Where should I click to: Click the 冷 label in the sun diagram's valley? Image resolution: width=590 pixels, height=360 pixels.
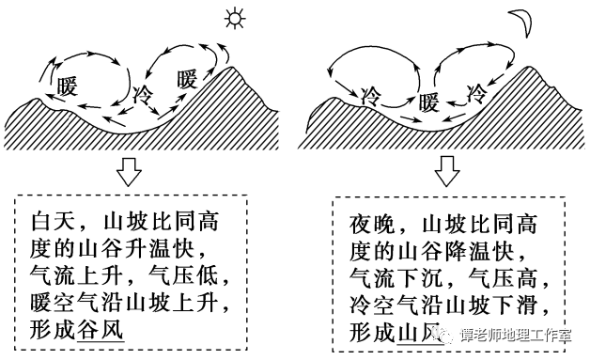coord(143,94)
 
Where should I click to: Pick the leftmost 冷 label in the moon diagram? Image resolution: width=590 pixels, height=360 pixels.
coord(368,95)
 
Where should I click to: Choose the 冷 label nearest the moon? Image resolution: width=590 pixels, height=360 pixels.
coord(477,93)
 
